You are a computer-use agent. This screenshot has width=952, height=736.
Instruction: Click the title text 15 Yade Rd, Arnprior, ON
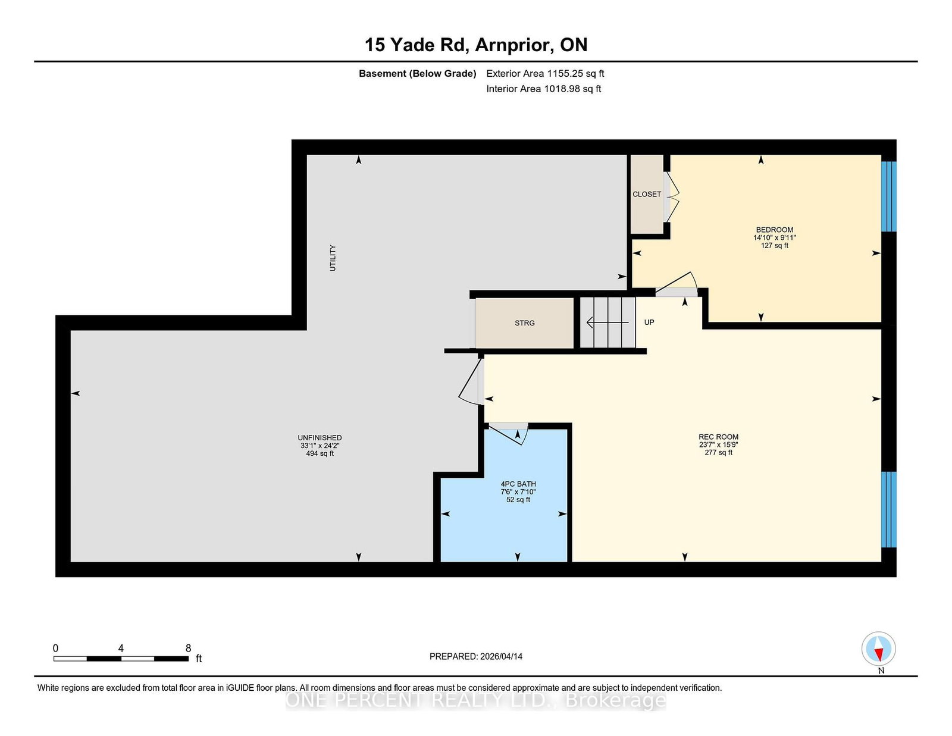point(476,45)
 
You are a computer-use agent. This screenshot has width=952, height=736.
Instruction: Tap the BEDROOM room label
point(774,230)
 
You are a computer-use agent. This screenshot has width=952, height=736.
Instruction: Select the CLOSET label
point(647,194)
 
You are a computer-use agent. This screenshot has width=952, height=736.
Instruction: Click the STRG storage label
point(524,323)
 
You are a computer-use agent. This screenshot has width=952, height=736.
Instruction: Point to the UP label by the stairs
point(649,322)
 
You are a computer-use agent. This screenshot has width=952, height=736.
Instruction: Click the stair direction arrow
point(607,322)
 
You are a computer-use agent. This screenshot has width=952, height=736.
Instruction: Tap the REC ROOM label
point(719,437)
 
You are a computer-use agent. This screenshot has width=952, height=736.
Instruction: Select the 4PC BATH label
point(518,484)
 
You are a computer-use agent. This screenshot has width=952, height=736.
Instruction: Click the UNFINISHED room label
point(320,438)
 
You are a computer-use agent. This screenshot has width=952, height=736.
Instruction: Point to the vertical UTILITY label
point(333,258)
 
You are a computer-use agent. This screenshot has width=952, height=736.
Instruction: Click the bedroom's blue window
point(888,197)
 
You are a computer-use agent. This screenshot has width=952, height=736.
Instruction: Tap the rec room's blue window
point(888,509)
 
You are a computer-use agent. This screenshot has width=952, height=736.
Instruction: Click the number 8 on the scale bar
point(189,649)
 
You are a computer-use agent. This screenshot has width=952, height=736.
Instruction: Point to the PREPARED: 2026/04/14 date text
point(476,656)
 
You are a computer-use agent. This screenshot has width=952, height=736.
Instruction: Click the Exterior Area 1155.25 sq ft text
point(545,74)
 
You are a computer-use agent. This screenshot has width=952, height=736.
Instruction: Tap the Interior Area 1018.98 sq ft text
point(543,89)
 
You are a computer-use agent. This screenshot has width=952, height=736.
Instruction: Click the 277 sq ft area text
point(719,453)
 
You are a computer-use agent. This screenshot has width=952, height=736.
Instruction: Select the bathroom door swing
point(508,434)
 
